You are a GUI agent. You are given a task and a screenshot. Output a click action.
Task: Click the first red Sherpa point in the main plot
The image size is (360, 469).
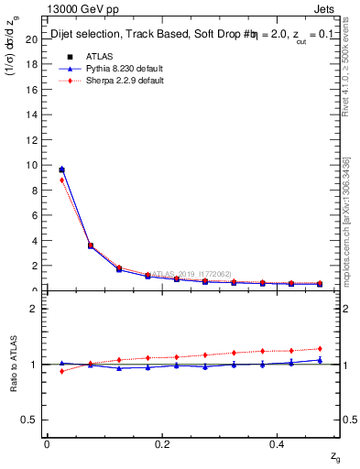(61, 180)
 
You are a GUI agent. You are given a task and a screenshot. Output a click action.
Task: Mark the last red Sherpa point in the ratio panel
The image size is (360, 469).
(320, 348)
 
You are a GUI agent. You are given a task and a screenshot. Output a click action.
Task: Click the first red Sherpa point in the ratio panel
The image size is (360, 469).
(61, 371)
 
